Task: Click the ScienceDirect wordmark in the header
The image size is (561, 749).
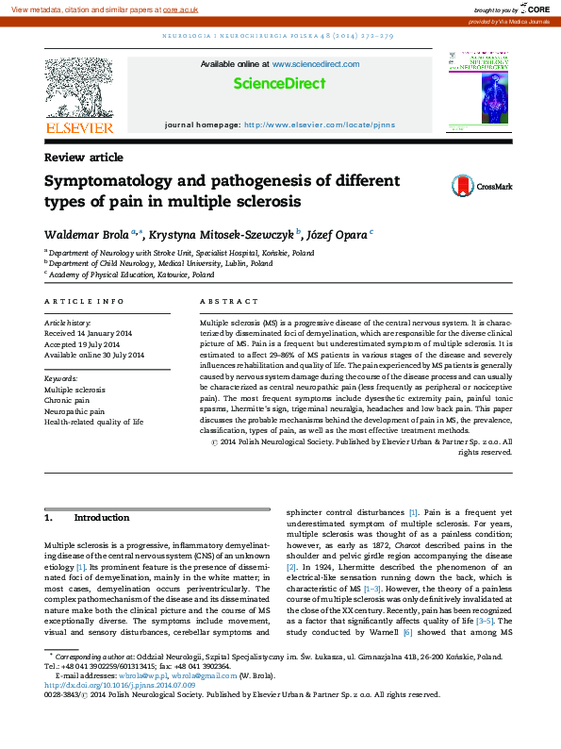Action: (279, 83)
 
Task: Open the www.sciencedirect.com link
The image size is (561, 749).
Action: (315, 64)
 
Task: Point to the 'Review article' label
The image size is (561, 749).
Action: (83, 158)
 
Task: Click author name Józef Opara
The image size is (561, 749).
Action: (337, 234)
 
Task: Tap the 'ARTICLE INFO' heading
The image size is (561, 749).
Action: (84, 301)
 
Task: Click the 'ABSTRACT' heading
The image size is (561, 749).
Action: (228, 301)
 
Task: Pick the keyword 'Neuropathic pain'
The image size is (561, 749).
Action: (74, 411)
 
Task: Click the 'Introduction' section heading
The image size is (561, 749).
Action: (101, 519)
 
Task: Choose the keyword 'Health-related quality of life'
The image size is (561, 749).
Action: (94, 423)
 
